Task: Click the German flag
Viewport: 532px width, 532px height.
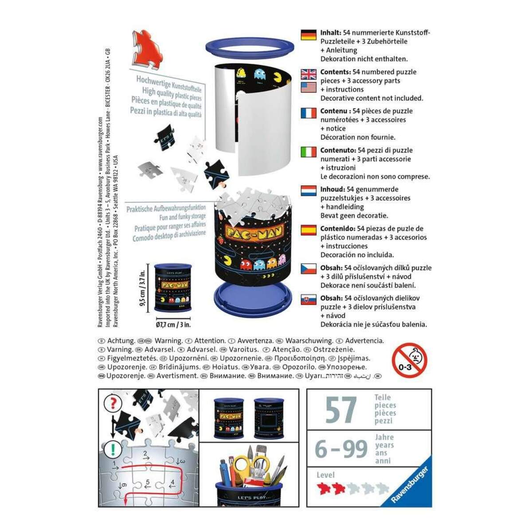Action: [x=309, y=35]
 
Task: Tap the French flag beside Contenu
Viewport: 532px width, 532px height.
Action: [x=309, y=113]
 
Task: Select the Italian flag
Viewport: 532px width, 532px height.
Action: [x=309, y=152]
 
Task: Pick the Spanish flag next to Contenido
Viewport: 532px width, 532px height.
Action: [x=309, y=230]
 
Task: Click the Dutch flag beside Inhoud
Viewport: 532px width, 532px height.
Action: [x=309, y=191]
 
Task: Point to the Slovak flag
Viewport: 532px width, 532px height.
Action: [x=309, y=300]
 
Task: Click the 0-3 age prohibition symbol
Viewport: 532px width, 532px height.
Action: [x=410, y=360]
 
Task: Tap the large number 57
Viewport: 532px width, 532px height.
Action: [x=340, y=410]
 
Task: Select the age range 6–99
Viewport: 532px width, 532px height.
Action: [x=341, y=449]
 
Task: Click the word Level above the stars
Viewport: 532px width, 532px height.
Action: [x=326, y=475]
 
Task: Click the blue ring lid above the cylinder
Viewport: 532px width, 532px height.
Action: [x=250, y=47]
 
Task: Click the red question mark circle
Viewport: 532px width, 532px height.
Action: [x=113, y=403]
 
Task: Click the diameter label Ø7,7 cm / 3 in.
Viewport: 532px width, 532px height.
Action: [x=173, y=325]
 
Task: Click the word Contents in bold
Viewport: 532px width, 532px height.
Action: [x=335, y=72]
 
